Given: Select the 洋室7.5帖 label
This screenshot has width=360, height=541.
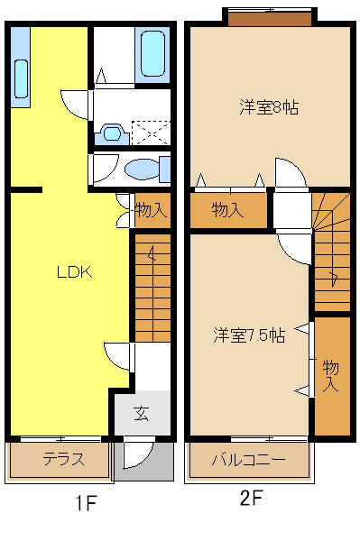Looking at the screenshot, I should coord(249,335).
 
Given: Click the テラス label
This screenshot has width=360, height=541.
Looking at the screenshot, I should coord(63,459).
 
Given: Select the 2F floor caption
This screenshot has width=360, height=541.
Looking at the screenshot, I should coord(251,497).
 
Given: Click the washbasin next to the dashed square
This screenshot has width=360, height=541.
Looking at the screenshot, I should coord(112,133).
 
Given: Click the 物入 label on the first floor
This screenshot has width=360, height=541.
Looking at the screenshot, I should coord(151,211).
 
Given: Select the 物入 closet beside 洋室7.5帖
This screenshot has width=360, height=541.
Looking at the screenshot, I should coord(331,373).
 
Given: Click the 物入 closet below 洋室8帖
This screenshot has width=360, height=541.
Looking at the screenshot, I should coord(227,211).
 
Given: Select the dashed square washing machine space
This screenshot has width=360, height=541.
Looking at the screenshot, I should coord(151,133).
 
